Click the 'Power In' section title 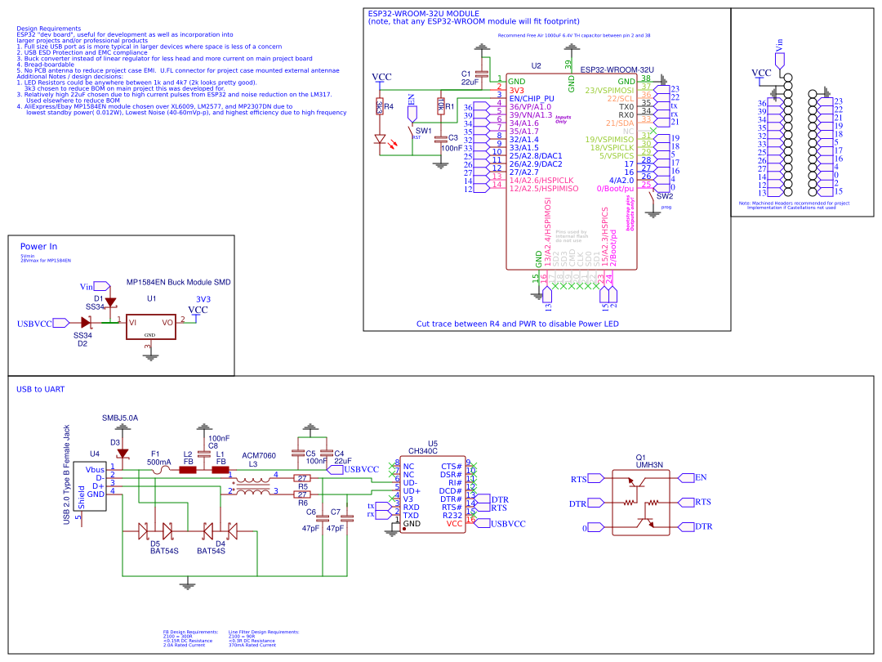[38, 246]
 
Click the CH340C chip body [430, 495]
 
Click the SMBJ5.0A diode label [120, 418]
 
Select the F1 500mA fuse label [158, 458]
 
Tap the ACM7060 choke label [259, 455]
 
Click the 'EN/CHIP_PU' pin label [536, 98]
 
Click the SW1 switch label [423, 130]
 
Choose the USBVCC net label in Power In [34, 324]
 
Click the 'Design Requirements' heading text [48, 29]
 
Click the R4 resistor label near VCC [389, 106]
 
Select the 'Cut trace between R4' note [517, 324]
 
